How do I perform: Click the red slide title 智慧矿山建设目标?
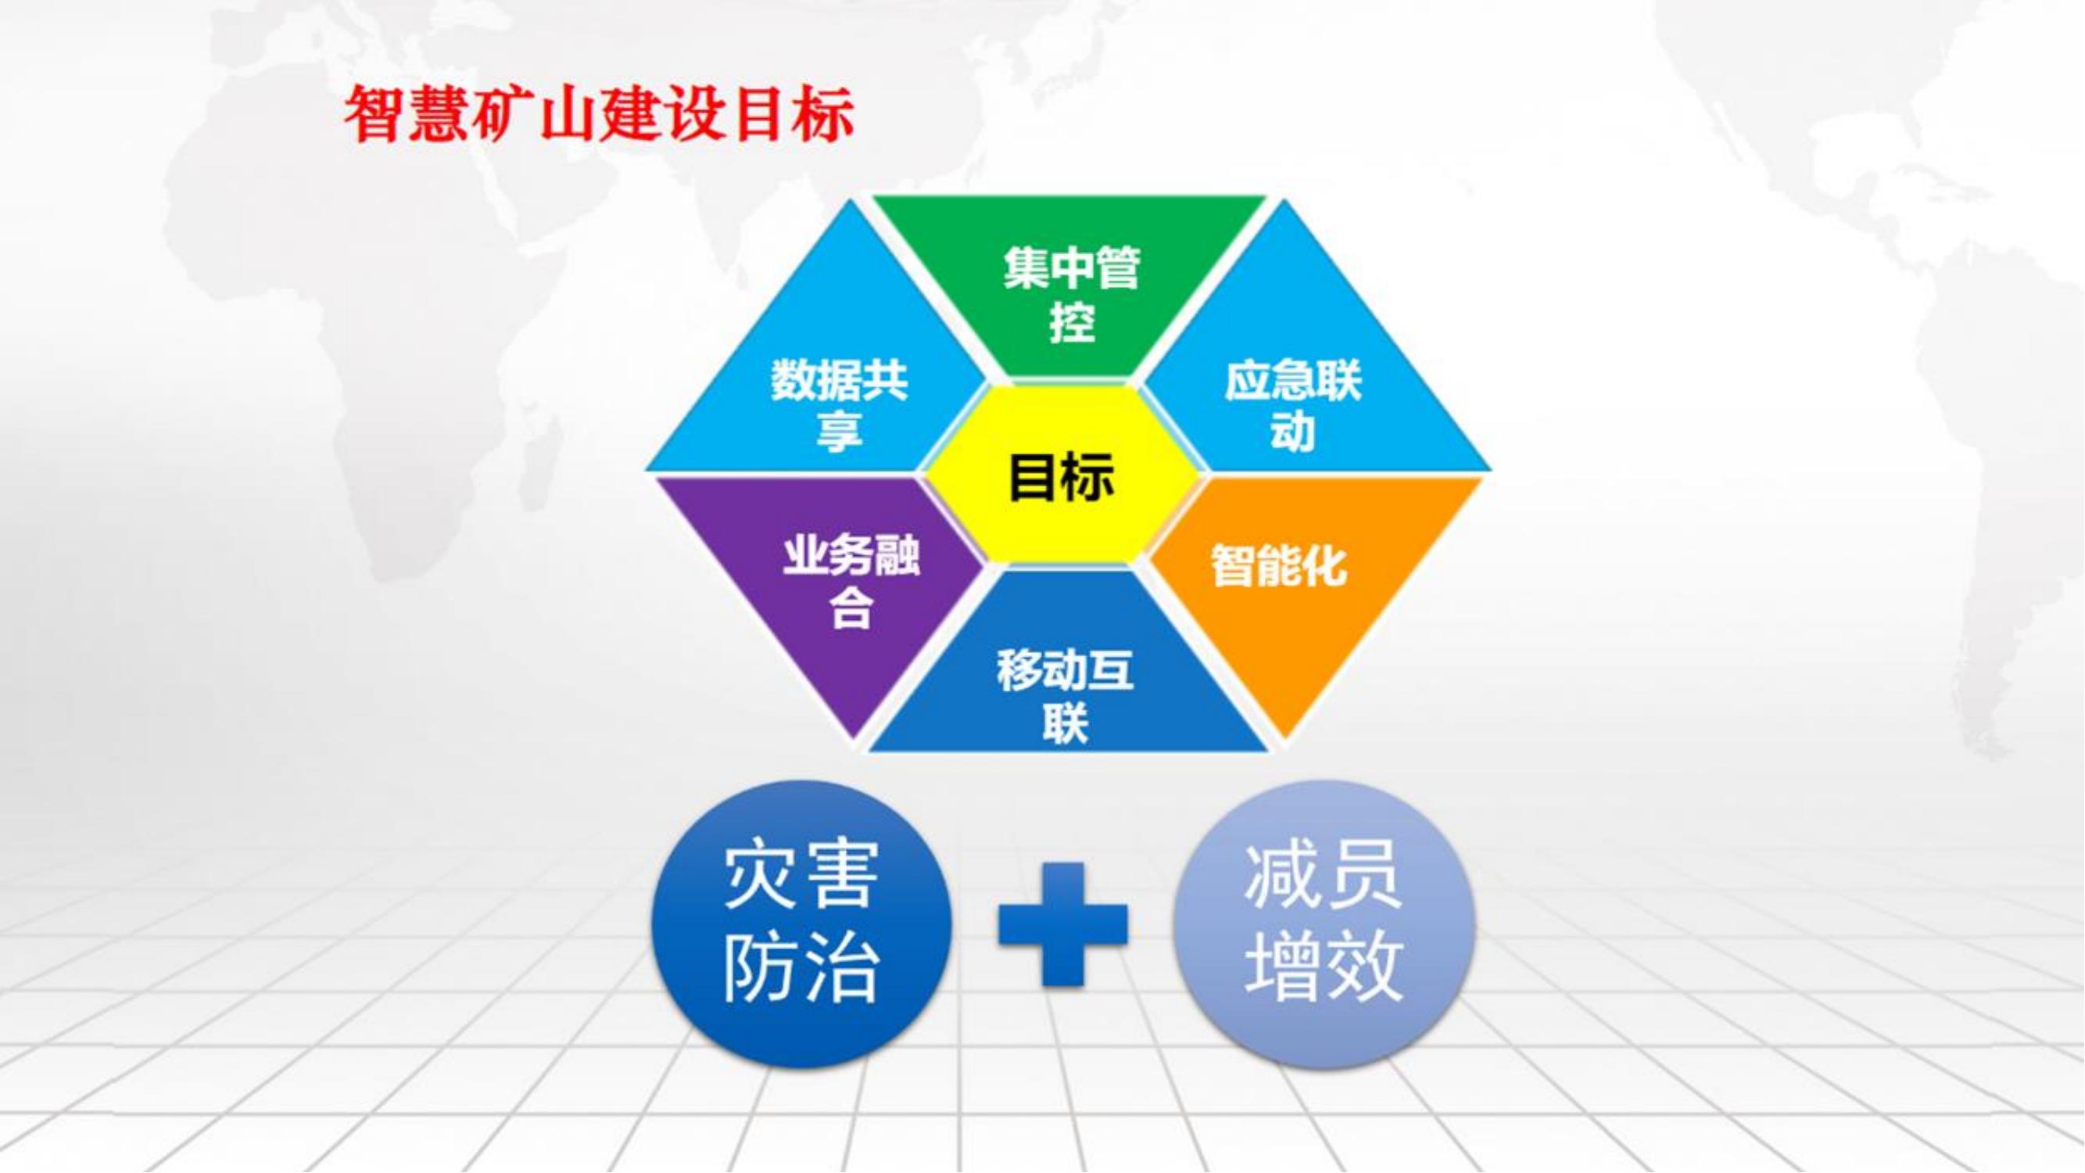pyautogui.click(x=600, y=116)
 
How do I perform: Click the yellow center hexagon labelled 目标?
pyautogui.click(x=1061, y=475)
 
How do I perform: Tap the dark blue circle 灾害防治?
pyautogui.click(x=801, y=924)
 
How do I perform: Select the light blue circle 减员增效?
pyautogui.click(x=1324, y=924)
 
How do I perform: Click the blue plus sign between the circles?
pyautogui.click(x=1062, y=924)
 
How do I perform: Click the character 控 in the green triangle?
pyautogui.click(x=1072, y=323)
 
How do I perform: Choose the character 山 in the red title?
pyautogui.click(x=568, y=116)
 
